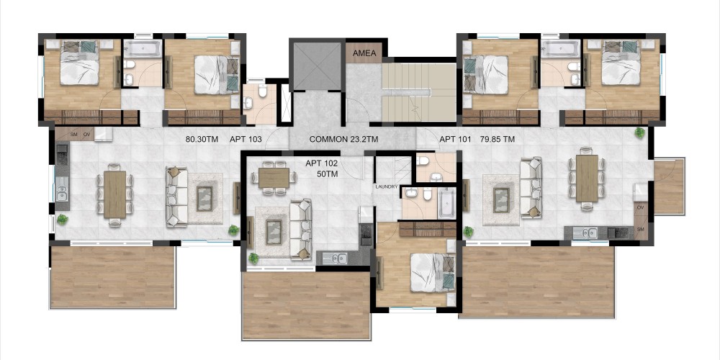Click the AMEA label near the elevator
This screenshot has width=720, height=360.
364,53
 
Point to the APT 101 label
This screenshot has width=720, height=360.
455,139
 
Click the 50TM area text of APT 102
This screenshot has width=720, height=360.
327,174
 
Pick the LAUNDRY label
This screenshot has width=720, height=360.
386,187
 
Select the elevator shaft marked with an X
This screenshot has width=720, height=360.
317,66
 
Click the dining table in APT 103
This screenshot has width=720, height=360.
114,194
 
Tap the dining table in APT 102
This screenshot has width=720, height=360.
274,178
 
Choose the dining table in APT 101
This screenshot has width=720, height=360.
587,178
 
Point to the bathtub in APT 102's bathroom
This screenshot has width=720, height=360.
447,202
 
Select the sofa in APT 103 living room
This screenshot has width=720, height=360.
177,197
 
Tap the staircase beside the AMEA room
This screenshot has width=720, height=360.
419,92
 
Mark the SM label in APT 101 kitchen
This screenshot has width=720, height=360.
641,229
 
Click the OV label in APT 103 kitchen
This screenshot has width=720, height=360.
87,135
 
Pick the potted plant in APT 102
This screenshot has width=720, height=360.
253,258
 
